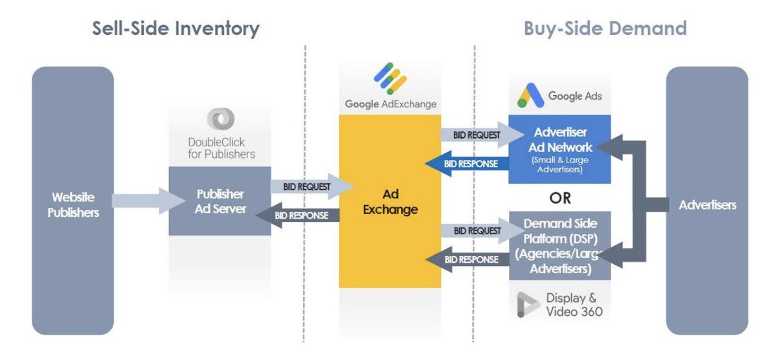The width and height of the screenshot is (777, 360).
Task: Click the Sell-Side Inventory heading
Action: (x=175, y=28)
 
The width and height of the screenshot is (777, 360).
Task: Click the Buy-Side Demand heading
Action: (x=605, y=28)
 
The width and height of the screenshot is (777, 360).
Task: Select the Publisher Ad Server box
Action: (x=220, y=201)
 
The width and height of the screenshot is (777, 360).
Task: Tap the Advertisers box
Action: (x=707, y=205)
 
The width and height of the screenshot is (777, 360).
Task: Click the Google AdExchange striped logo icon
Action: (x=390, y=78)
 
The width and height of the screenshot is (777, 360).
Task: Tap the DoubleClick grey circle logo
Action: (x=221, y=119)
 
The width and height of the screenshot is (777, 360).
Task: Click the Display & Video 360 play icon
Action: (x=528, y=305)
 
